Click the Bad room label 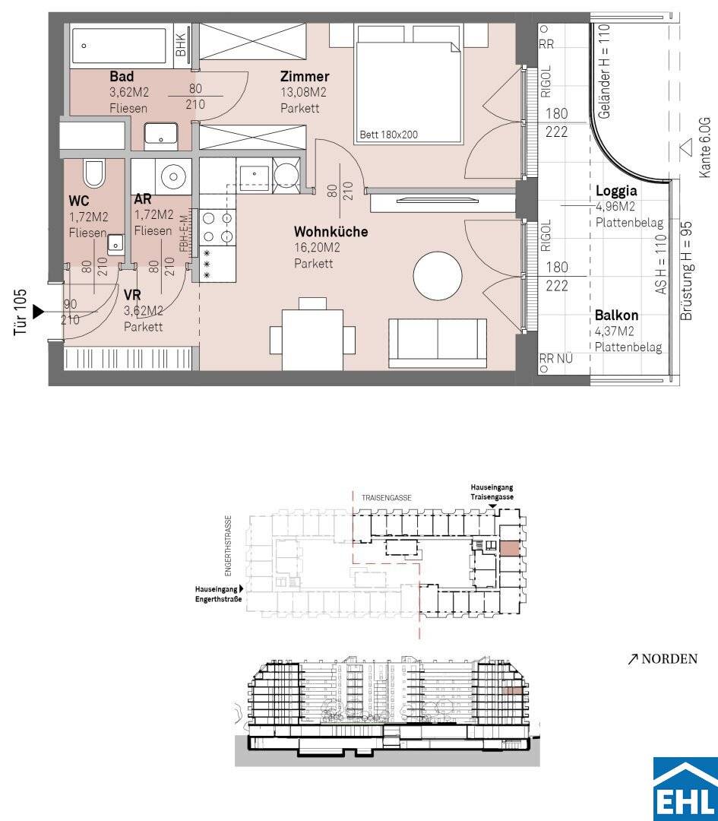coord(122,77)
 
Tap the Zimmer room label coord(305,77)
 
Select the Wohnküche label coord(331,231)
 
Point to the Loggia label coord(616,192)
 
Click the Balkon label coord(616,315)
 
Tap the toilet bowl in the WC coord(94,173)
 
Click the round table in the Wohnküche coord(438,276)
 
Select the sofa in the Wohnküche coord(438,344)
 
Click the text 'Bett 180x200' coord(389,135)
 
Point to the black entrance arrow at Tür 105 coord(39,312)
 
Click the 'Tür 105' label coord(21,312)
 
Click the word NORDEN coord(669,658)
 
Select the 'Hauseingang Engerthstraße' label coord(218,594)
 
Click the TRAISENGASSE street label coord(386,498)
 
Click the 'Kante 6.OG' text coord(704,147)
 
